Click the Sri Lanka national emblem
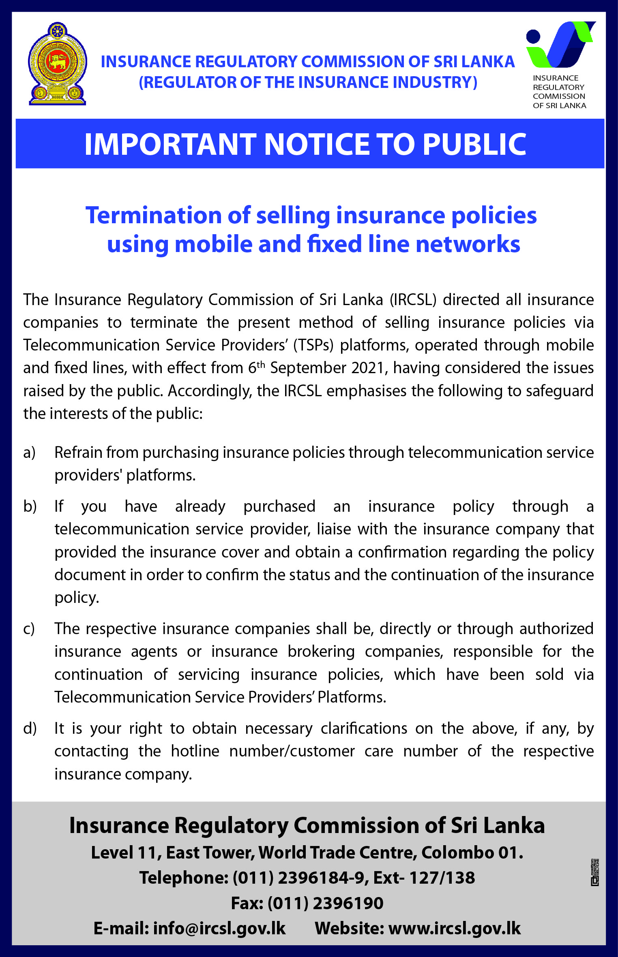(57, 64)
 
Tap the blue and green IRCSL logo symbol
(560, 44)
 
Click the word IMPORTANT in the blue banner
(170, 144)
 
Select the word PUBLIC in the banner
(474, 144)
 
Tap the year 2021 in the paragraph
(367, 368)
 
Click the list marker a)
(29, 453)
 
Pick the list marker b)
(30, 506)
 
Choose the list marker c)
(29, 629)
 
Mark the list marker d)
(30, 728)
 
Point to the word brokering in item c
(321, 652)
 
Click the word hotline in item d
(195, 751)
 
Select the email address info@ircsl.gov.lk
(219, 928)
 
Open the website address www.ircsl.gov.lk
(454, 928)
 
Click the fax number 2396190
(348, 903)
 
